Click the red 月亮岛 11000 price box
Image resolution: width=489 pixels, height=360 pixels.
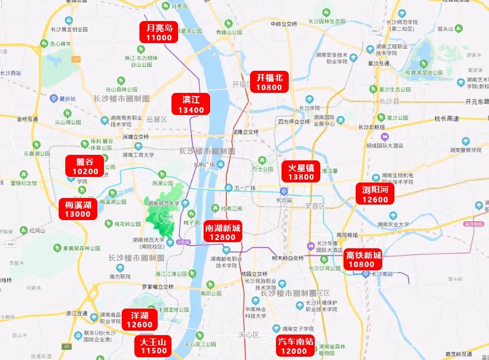[159, 33]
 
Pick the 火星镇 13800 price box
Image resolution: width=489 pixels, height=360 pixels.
[301, 172]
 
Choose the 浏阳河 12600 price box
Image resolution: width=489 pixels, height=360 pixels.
[376, 194]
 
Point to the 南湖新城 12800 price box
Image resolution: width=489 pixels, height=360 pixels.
[222, 232]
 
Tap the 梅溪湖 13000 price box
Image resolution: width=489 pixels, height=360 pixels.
[77, 209]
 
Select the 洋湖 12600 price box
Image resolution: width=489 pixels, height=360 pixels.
[139, 320]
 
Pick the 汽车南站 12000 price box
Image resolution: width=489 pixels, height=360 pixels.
[295, 346]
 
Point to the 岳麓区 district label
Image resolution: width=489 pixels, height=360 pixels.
[157, 119]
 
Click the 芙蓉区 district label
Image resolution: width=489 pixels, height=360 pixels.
[316, 206]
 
